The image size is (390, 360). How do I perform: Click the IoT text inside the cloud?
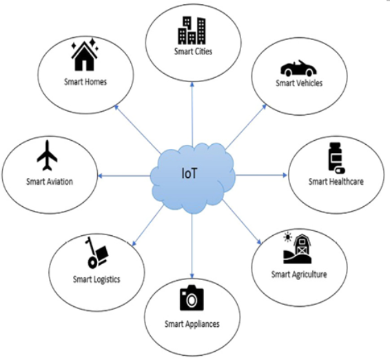click(189, 174)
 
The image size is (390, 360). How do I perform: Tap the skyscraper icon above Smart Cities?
click(192, 30)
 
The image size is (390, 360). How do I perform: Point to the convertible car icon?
click(298, 68)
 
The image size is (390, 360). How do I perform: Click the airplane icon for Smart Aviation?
click(48, 156)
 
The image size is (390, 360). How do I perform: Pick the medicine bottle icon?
click(336, 158)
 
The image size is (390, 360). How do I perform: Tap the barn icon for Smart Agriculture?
click(298, 248)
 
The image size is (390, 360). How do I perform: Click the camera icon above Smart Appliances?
click(192, 298)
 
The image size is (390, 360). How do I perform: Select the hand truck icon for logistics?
click(97, 252)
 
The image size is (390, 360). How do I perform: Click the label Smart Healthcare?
click(336, 181)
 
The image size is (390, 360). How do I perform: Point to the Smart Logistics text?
click(96, 279)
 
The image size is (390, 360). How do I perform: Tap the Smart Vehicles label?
click(299, 83)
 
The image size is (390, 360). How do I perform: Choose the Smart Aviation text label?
click(50, 181)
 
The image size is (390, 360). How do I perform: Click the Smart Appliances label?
click(192, 324)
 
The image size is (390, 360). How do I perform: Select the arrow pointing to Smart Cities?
click(192, 114)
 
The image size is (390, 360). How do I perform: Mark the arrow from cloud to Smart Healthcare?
click(261, 175)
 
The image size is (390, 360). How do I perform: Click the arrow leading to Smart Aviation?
click(124, 176)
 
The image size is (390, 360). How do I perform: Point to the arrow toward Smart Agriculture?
click(242, 222)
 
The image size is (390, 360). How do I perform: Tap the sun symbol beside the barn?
click(288, 237)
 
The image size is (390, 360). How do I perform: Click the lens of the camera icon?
click(192, 301)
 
